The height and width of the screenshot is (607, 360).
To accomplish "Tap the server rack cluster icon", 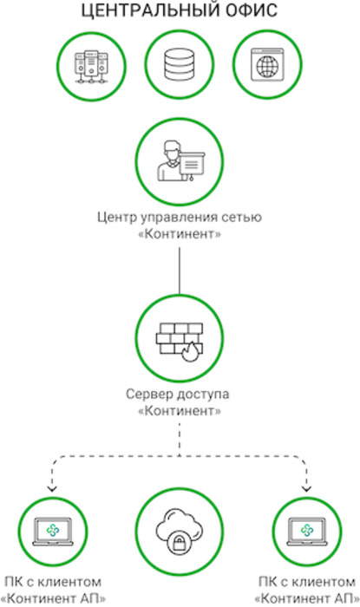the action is tap(91, 67).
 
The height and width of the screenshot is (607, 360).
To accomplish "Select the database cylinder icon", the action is tap(179, 64).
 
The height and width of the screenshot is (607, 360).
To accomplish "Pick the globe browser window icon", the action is tap(267, 65).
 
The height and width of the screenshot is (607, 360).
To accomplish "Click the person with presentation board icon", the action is tap(180, 161).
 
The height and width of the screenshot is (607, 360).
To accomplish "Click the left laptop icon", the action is tap(53, 532).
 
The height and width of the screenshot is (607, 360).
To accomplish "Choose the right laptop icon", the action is tap(307, 532).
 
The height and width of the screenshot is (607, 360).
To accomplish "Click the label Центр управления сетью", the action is tap(180, 217).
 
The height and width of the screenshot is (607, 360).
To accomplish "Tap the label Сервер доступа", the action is tap(178, 394).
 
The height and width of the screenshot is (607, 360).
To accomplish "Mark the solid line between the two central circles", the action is tap(180, 271).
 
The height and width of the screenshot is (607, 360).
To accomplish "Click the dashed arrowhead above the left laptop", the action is tap(52, 488).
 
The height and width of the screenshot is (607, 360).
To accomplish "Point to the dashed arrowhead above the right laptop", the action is tap(306, 488).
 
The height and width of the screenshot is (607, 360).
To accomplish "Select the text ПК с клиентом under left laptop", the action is tap(53, 582).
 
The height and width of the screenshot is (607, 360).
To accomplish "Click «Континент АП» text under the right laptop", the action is tap(307, 598).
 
